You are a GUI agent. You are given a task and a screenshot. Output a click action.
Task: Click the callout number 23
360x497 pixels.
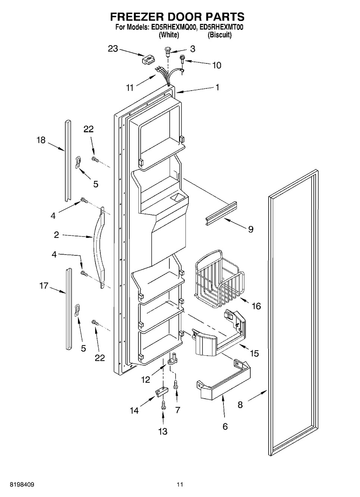tap(113, 48)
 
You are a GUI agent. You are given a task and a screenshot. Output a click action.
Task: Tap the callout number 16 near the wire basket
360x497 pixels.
tap(256, 306)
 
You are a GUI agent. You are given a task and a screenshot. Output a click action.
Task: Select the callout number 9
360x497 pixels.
tap(250, 229)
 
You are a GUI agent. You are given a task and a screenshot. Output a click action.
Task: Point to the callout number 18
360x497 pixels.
tap(41, 140)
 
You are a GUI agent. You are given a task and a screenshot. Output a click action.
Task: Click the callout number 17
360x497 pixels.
tap(44, 286)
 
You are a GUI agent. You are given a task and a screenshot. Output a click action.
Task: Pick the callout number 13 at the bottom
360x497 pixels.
tap(163, 431)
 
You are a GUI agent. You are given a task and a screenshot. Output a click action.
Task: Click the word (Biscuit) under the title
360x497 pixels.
tap(219, 35)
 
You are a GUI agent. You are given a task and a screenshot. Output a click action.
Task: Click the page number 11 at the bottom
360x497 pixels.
tap(180, 485)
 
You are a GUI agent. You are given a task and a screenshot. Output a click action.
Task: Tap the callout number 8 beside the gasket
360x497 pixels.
tap(240, 404)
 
